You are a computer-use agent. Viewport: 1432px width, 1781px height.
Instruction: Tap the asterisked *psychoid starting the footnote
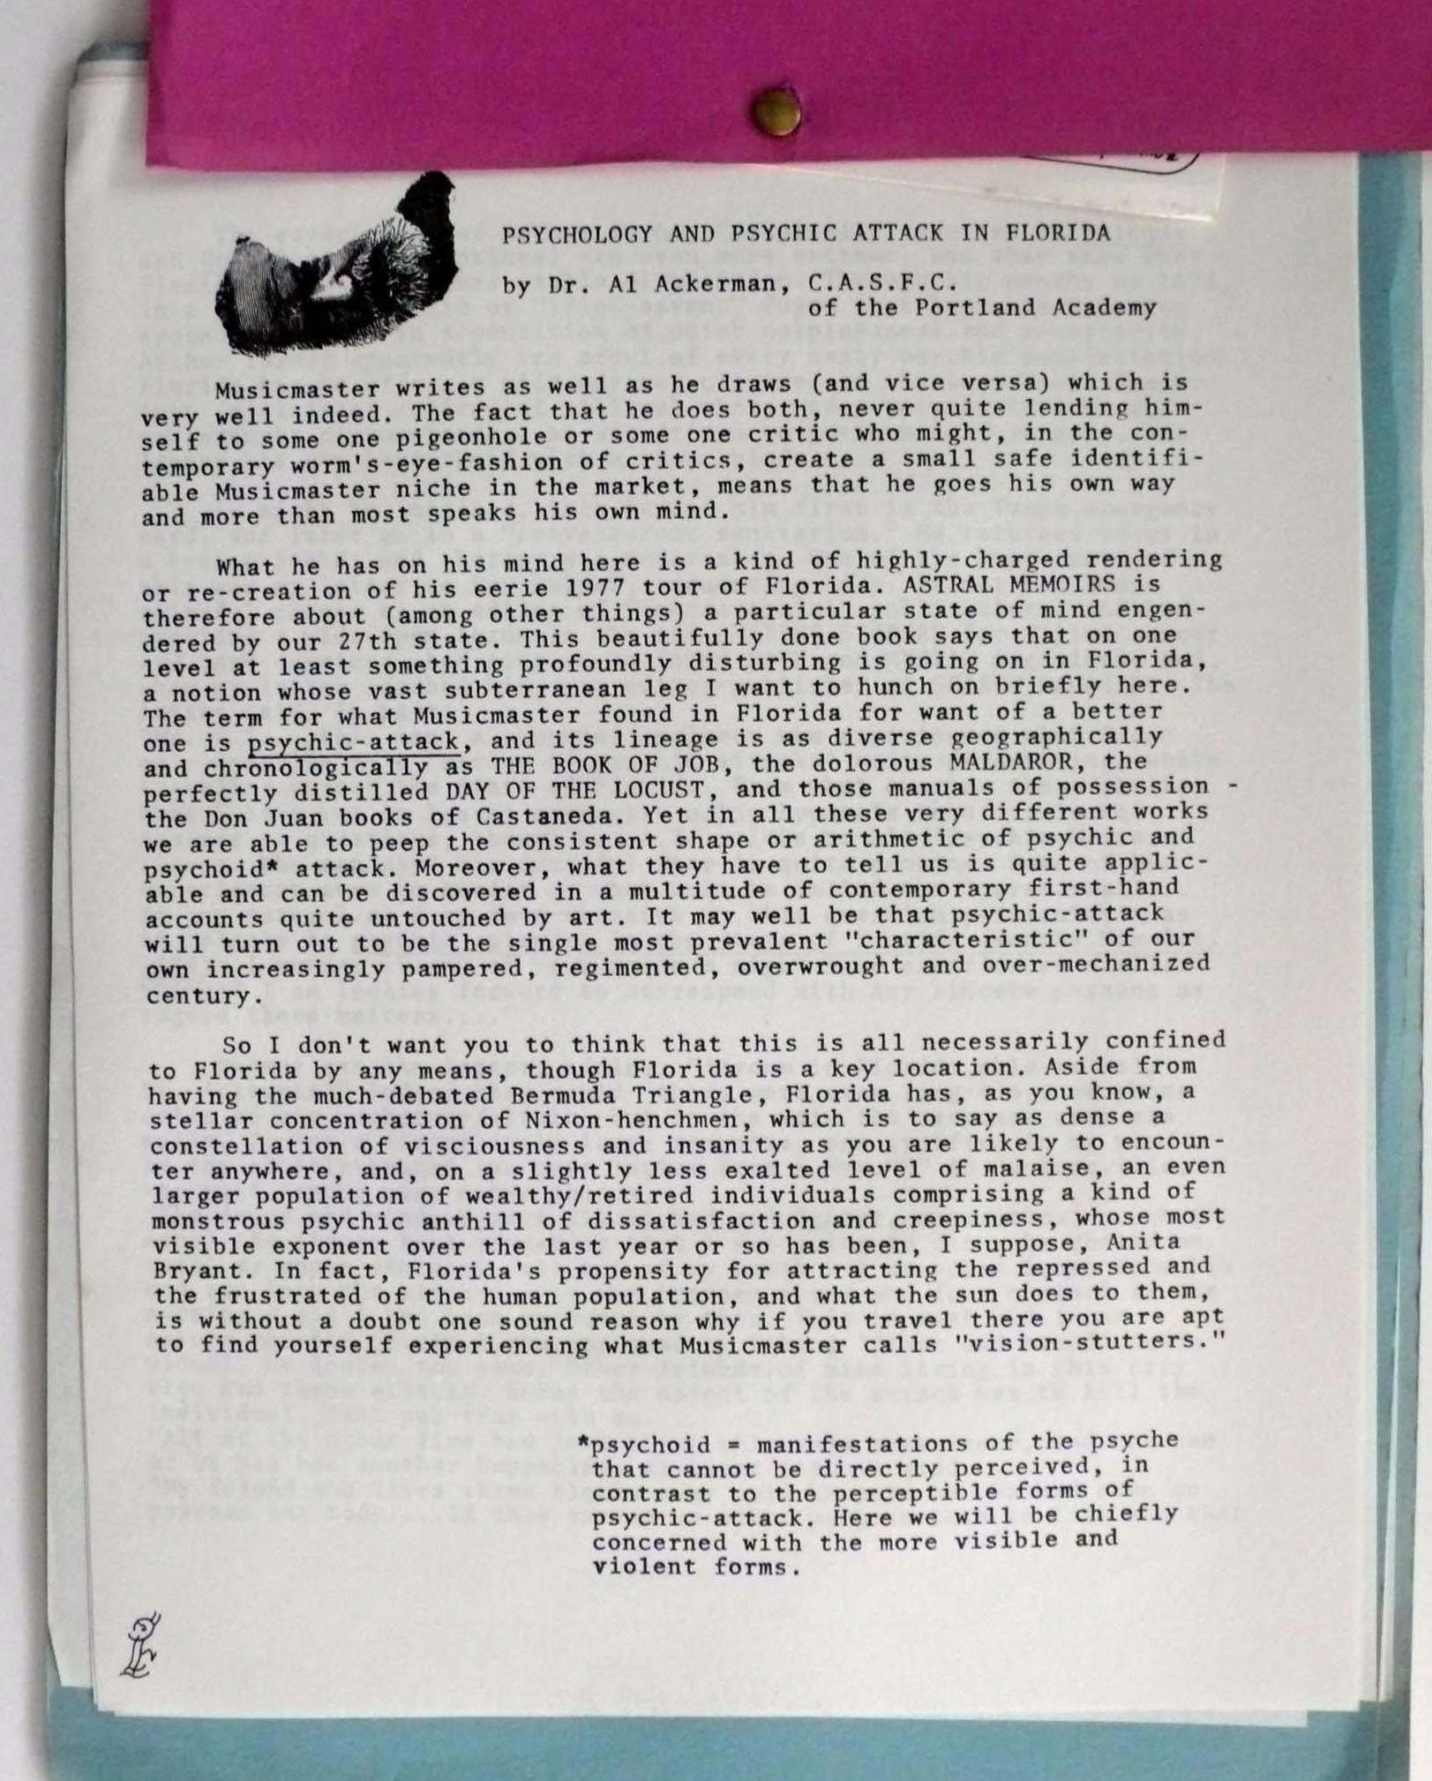pos(643,1445)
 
